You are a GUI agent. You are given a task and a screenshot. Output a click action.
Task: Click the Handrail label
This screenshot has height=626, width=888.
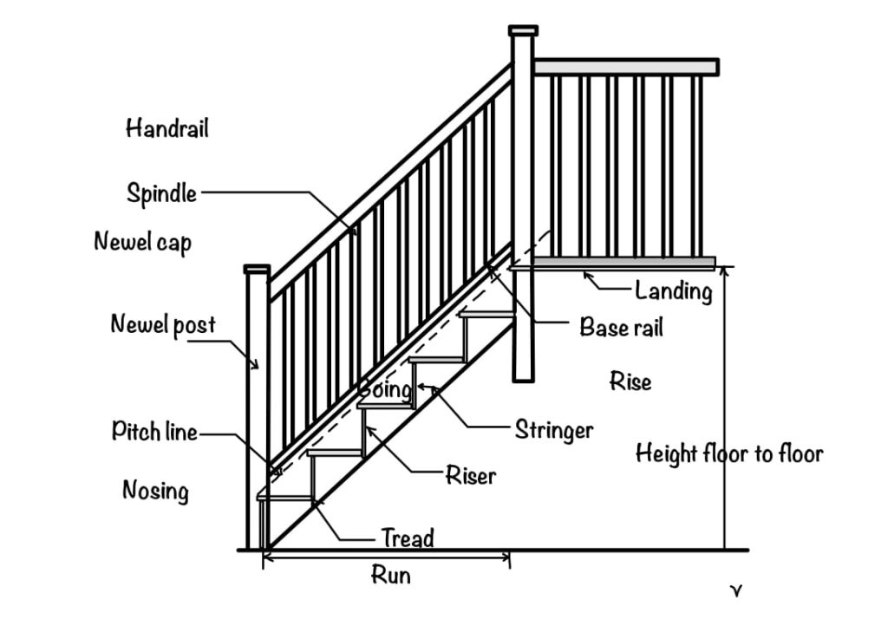point(167,129)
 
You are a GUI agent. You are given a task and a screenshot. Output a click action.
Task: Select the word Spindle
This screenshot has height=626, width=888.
point(161,193)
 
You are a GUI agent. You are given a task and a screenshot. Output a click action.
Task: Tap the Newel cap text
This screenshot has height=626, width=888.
point(142,242)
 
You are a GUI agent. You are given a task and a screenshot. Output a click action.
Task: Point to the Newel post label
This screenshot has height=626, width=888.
point(163,325)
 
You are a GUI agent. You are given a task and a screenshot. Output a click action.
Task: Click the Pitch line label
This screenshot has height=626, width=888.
point(154,432)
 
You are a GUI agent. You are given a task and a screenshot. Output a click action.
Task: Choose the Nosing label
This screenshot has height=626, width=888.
point(155,492)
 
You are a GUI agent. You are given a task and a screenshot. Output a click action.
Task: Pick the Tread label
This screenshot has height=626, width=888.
point(408,538)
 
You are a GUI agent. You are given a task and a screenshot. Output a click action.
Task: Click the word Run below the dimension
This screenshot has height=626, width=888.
point(390,575)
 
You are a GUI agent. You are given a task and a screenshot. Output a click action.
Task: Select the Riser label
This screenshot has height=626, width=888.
point(470,475)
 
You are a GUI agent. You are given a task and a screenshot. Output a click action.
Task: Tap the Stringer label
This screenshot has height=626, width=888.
point(554,430)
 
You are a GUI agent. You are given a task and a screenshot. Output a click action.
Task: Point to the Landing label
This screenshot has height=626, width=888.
point(673,291)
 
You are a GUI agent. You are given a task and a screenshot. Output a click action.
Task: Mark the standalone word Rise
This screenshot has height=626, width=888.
point(630,381)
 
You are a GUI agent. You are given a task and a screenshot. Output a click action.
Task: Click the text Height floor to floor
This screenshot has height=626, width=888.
point(728,453)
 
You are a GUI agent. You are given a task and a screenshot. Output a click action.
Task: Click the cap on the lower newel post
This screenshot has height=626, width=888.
point(257,270)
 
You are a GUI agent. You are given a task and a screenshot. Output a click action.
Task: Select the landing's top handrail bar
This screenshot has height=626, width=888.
point(625,67)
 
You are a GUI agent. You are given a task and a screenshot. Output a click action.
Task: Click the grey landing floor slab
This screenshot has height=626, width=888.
point(624,262)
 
